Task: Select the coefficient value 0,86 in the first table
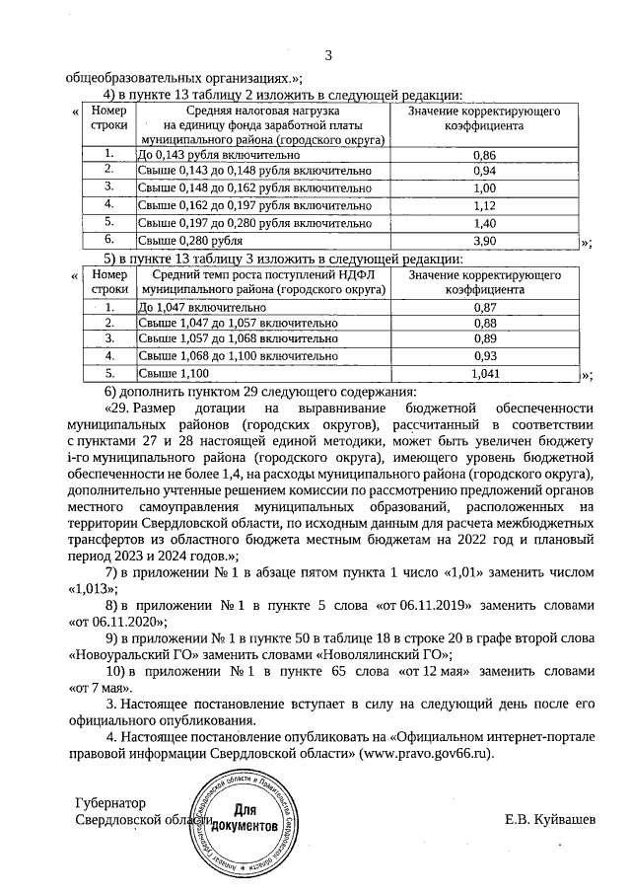(x=484, y=155)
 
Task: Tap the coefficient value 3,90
(x=484, y=240)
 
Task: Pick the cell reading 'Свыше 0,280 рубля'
(x=190, y=240)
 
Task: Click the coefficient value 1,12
(x=484, y=205)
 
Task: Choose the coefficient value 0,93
(x=484, y=355)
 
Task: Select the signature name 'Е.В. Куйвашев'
(x=550, y=820)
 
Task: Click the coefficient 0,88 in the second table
(x=484, y=323)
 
